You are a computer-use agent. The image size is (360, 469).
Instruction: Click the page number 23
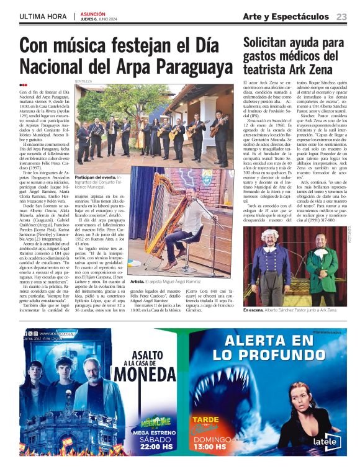click(x=341, y=16)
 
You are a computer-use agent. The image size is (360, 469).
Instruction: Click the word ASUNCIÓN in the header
click(x=93, y=12)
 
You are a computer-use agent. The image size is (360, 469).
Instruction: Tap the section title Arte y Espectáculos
click(x=285, y=16)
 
